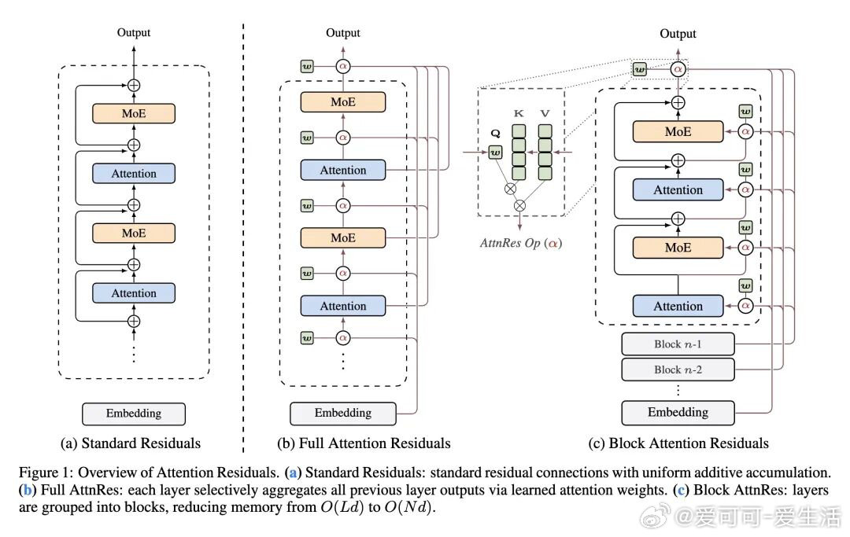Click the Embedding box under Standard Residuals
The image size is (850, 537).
click(134, 414)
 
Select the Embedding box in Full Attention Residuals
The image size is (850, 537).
click(342, 413)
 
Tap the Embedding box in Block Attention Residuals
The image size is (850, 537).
click(678, 412)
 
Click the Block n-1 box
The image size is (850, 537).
click(678, 344)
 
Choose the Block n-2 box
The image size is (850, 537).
click(678, 369)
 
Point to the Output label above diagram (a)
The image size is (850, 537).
click(134, 32)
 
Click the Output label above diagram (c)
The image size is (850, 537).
click(678, 34)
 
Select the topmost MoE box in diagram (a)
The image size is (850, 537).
click(134, 113)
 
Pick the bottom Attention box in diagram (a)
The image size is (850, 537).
click(134, 293)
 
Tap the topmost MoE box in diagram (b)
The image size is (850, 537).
click(342, 102)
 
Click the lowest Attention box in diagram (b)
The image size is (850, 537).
click(342, 306)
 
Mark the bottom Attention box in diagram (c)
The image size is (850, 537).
click(678, 306)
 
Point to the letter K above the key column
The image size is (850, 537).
click(519, 113)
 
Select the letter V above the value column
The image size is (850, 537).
click(545, 113)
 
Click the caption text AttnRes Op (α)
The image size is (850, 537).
click(521, 243)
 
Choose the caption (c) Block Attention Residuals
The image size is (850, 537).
click(678, 443)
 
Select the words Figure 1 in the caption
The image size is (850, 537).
click(43, 473)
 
